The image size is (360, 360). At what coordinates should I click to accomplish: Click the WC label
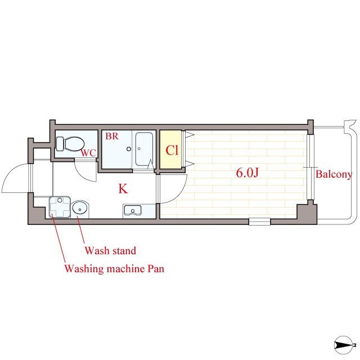[88, 152]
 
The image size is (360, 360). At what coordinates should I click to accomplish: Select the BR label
[111, 136]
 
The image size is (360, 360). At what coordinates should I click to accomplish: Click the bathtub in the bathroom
[145, 149]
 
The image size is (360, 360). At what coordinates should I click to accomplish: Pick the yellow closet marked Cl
[171, 150]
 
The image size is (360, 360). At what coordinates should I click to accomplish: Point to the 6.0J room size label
[247, 173]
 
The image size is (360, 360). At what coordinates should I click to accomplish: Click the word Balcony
[334, 174]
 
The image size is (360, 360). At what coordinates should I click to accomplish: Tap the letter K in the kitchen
[123, 188]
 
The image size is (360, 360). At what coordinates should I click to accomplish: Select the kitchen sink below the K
[133, 211]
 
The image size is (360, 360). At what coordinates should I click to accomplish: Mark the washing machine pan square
[60, 207]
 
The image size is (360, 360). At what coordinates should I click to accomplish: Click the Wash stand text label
[110, 250]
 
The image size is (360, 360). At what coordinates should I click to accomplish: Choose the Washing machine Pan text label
[114, 268]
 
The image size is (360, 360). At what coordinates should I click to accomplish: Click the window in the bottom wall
[260, 222]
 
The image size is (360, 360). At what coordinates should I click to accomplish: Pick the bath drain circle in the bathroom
[128, 149]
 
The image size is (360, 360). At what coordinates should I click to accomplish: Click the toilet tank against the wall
[59, 143]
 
